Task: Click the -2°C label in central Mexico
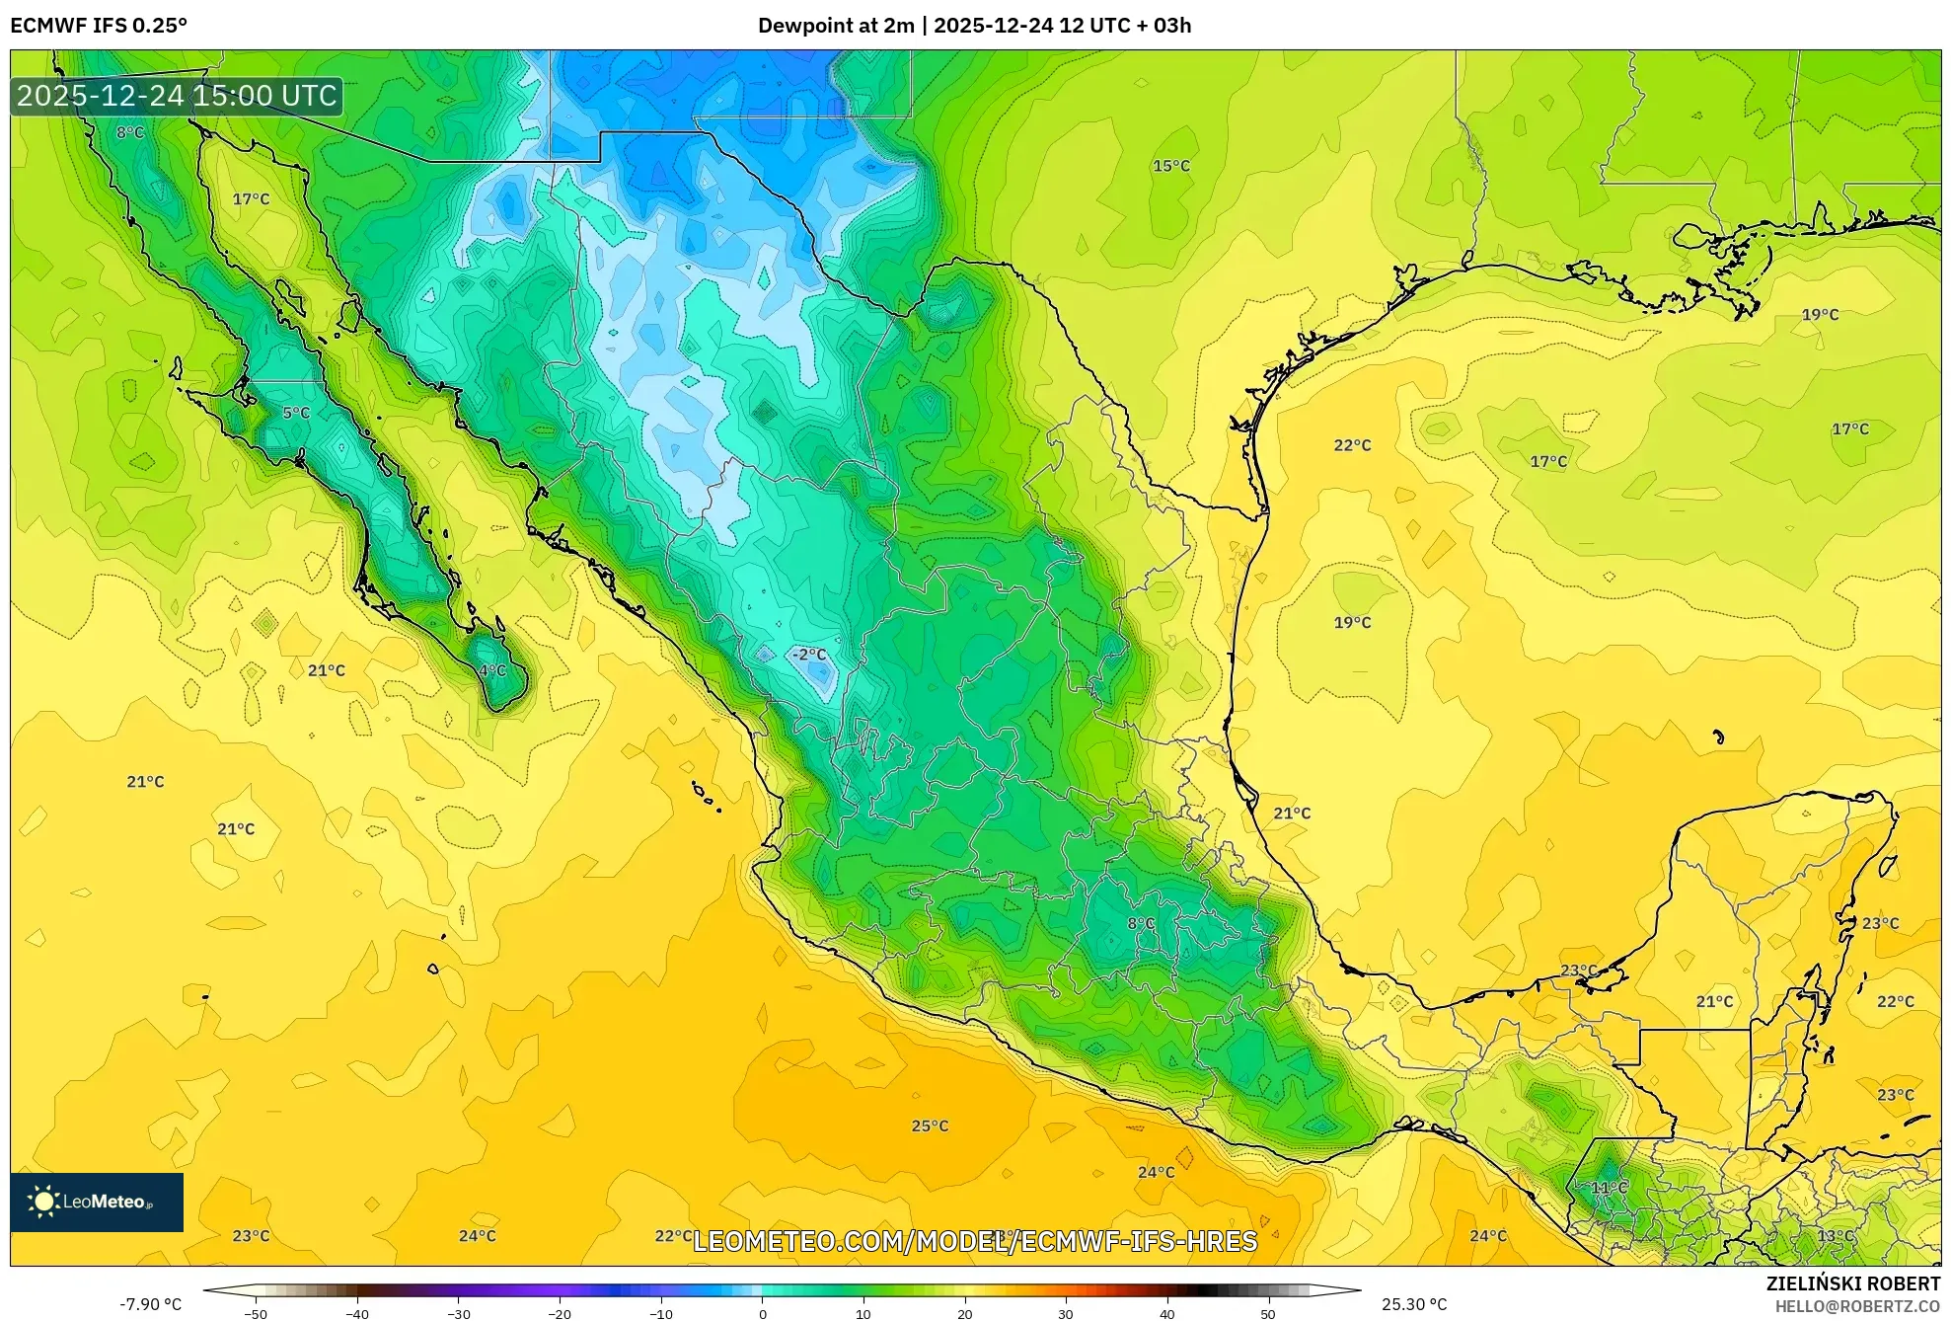click(x=809, y=655)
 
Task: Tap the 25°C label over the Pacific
click(x=930, y=1126)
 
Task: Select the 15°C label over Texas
click(x=1171, y=166)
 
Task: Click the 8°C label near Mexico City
click(x=1141, y=923)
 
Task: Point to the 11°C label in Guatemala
click(x=1609, y=1187)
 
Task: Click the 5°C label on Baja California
click(x=296, y=413)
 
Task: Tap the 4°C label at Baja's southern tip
click(x=492, y=670)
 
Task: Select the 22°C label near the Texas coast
click(x=1352, y=445)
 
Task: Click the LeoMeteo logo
click(x=97, y=1202)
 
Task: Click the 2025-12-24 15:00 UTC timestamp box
click(x=177, y=96)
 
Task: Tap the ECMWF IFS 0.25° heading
click(x=99, y=25)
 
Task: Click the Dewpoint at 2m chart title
click(x=974, y=25)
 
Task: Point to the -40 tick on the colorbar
click(x=357, y=1313)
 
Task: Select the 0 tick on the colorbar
click(x=762, y=1313)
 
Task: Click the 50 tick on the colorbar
click(x=1268, y=1313)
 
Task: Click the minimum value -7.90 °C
click(x=151, y=1304)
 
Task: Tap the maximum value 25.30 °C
click(x=1414, y=1304)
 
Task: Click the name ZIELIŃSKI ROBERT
click(x=1852, y=1283)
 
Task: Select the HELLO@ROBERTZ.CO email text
click(x=1857, y=1306)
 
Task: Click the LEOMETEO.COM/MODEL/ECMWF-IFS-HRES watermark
click(x=975, y=1241)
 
